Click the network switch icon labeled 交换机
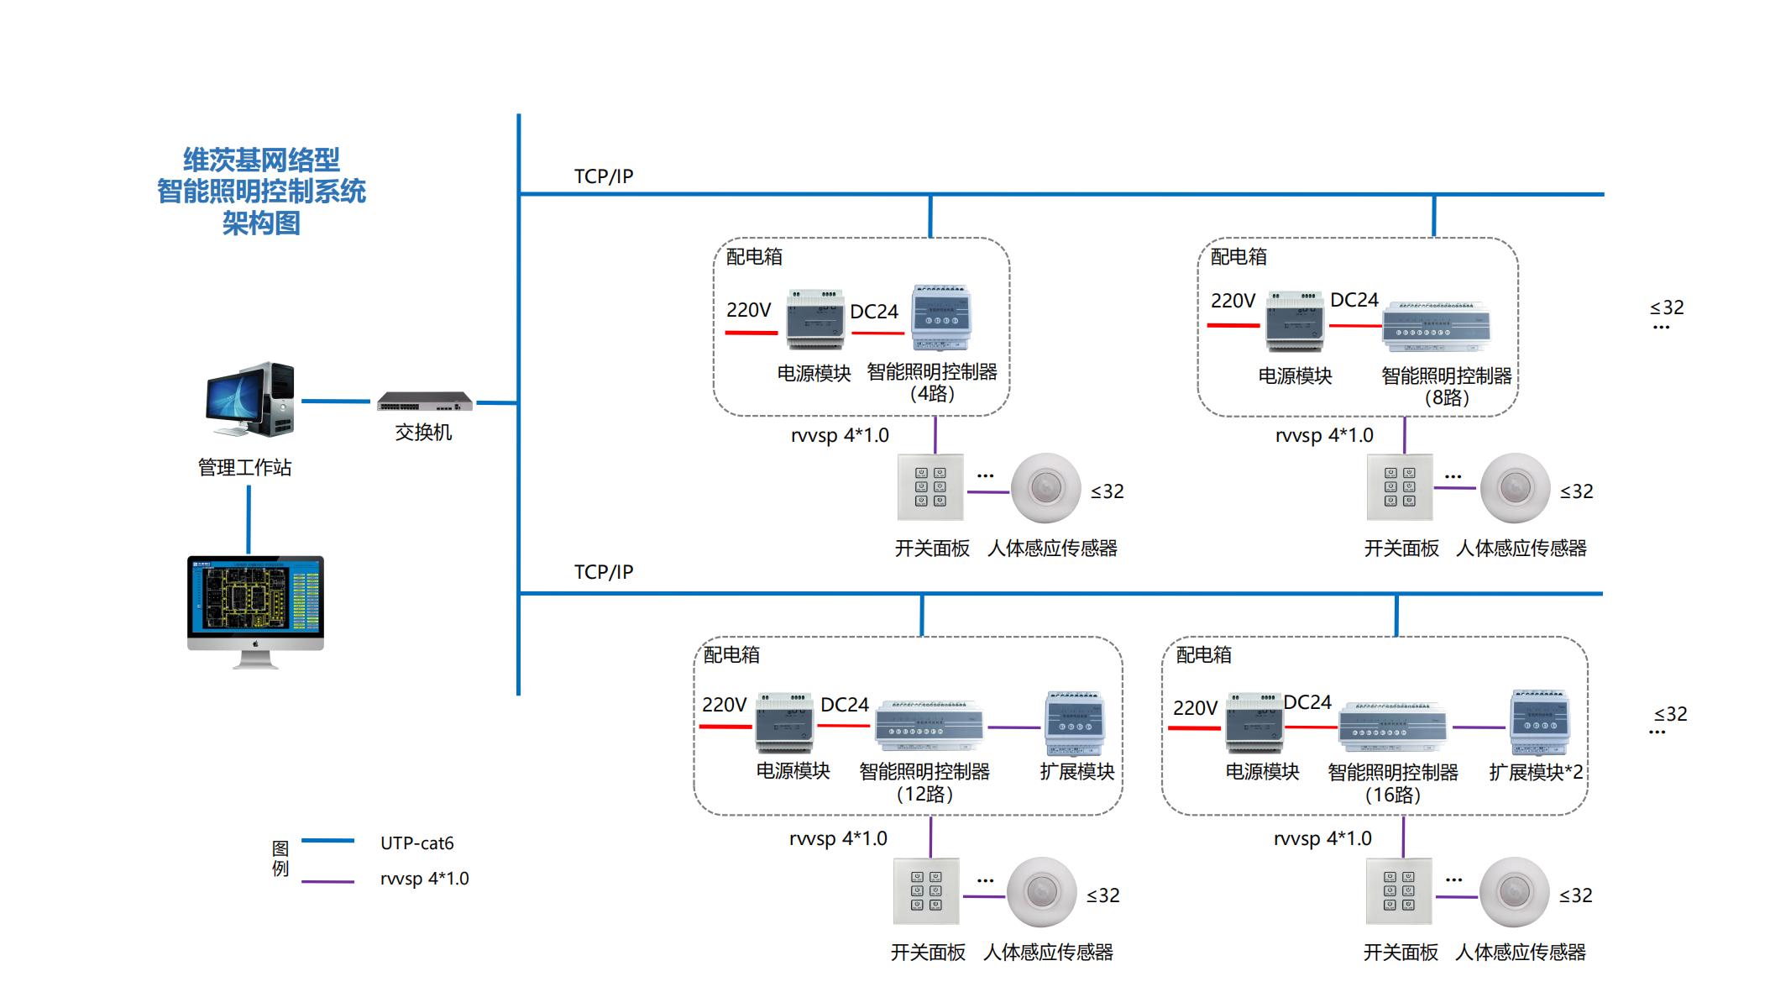click(425, 402)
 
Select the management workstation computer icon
click(250, 401)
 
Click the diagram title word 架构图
click(261, 223)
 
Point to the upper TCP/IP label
click(603, 176)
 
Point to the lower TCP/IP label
click(603, 572)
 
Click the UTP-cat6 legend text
click(416, 843)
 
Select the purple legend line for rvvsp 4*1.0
click(327, 881)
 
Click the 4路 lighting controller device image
click(941, 318)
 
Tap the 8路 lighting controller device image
click(1436, 326)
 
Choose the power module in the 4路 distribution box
click(814, 319)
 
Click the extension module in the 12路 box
click(1075, 723)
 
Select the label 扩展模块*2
click(1535, 772)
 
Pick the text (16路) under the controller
click(1392, 795)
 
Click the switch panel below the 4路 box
click(930, 487)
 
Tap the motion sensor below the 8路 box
click(1515, 487)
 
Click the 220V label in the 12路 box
click(724, 705)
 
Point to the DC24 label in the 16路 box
click(1307, 702)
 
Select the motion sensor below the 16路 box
click(1514, 891)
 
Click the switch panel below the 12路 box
click(926, 891)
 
